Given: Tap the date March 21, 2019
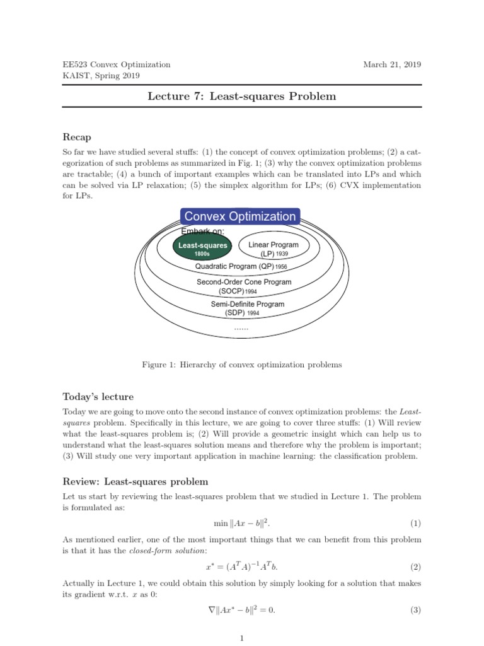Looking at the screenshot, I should (393, 64).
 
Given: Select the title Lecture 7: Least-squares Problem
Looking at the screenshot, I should (241, 97).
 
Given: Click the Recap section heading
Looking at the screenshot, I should (77, 136).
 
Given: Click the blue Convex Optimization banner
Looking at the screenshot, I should (239, 216).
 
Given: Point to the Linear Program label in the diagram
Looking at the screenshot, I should (274, 245).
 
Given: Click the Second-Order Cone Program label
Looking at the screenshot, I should (244, 282).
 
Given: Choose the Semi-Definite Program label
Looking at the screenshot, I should (247, 304).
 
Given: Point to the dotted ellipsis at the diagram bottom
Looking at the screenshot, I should (241, 327).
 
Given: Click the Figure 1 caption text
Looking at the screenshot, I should (241, 365).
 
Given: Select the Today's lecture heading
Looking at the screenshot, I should (98, 397).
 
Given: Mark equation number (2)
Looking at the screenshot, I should (415, 567).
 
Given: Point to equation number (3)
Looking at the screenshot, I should (415, 610).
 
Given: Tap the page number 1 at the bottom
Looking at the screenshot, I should (242, 638).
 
